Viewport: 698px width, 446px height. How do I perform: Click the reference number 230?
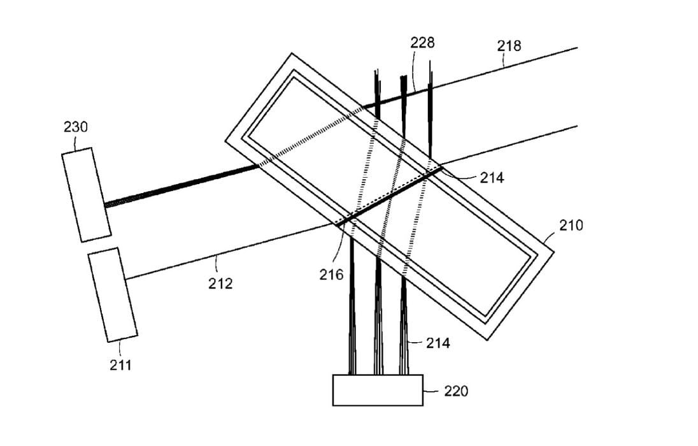tap(76, 127)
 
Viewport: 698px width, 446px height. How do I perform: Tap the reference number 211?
tap(120, 365)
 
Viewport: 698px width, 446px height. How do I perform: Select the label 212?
tap(220, 284)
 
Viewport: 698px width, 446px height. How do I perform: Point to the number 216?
tap(331, 275)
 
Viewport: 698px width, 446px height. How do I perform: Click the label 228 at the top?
tap(422, 42)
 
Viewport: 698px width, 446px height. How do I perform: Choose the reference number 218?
tap(509, 45)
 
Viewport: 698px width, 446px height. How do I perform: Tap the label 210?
tap(571, 226)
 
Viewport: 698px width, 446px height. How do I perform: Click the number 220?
tap(456, 391)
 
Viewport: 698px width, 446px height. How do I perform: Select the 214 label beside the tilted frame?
tap(492, 178)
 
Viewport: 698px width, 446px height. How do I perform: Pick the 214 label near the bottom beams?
tap(438, 343)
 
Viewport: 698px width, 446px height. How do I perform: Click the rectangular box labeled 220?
tap(378, 391)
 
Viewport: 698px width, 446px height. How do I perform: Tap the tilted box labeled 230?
tap(87, 195)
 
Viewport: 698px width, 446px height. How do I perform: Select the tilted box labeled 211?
tap(113, 295)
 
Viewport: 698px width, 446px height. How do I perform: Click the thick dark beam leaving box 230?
tap(182, 186)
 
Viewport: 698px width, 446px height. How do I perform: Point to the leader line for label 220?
tap(431, 391)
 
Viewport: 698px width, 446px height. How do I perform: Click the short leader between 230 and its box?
tap(76, 142)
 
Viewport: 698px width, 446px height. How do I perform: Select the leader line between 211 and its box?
tap(120, 349)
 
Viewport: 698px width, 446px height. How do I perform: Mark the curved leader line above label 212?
tap(216, 263)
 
